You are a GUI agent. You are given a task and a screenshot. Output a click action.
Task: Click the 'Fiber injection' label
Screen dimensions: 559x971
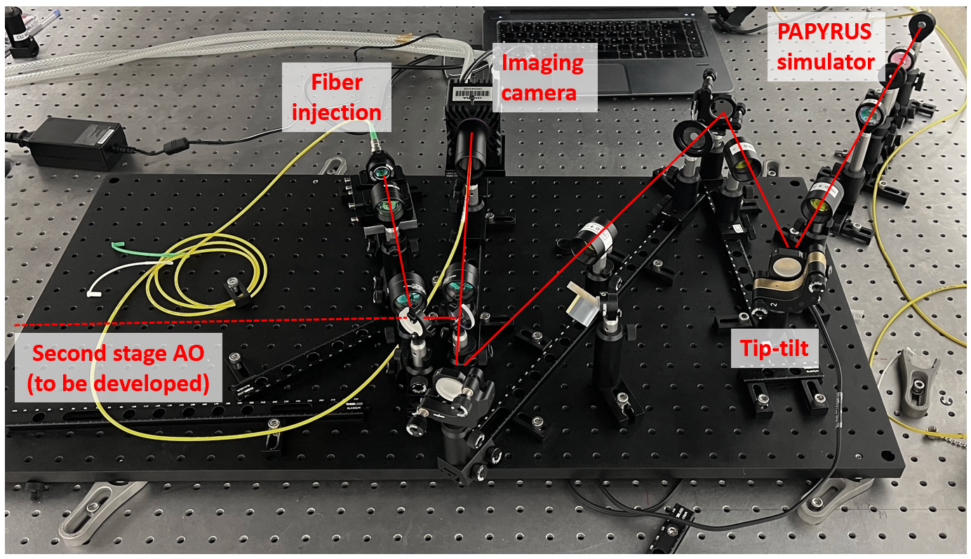click(337, 97)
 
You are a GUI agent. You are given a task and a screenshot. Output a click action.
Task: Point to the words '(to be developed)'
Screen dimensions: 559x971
click(119, 385)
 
